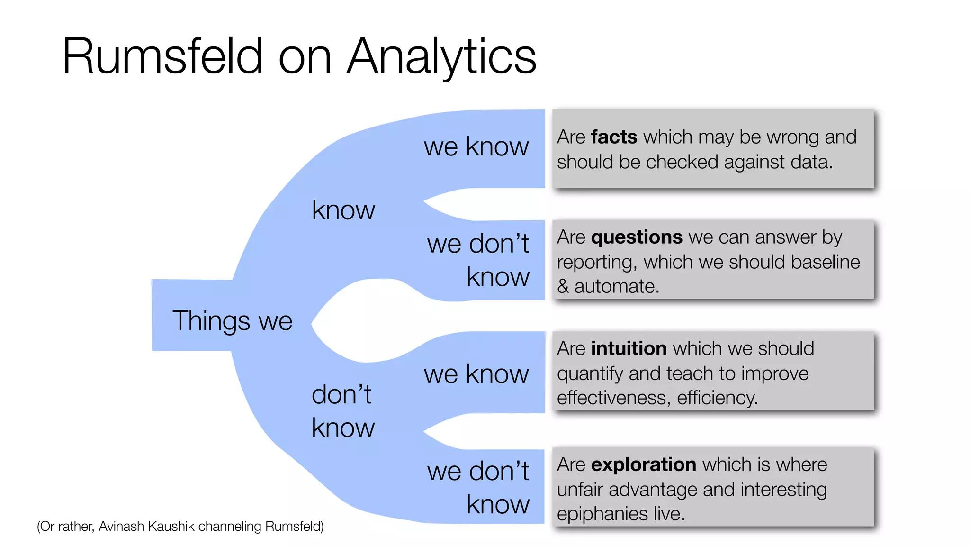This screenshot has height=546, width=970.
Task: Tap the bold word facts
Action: (x=614, y=137)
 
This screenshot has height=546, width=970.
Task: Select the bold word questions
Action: (x=637, y=237)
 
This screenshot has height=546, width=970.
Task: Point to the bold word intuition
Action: (x=629, y=348)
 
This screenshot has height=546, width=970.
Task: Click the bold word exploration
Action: (x=643, y=464)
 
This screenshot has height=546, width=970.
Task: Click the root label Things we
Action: (x=232, y=321)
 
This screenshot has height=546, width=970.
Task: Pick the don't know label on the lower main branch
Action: (x=342, y=411)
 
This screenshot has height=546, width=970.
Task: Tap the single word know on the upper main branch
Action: (x=343, y=210)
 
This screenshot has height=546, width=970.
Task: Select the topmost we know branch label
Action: (x=476, y=146)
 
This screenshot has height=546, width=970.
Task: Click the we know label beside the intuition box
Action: (x=476, y=374)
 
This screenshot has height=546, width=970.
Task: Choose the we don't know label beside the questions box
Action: (x=478, y=260)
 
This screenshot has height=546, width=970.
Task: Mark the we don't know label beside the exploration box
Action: (x=478, y=487)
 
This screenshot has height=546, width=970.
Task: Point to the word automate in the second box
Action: (x=616, y=286)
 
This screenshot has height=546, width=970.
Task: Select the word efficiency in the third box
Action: (x=717, y=398)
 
